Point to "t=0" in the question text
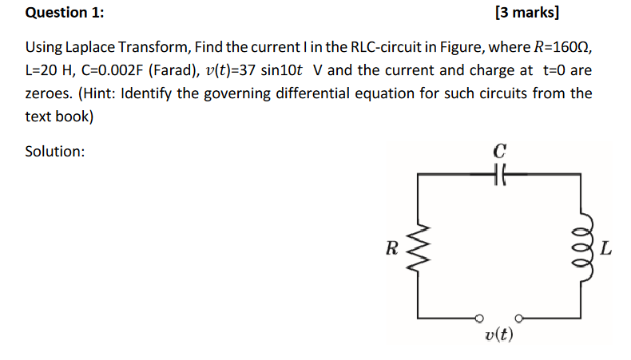pyautogui.click(x=554, y=70)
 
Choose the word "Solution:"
pyautogui.click(x=55, y=151)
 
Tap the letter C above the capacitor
pyautogui.click(x=500, y=150)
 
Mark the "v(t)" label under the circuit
pyautogui.click(x=499, y=334)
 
